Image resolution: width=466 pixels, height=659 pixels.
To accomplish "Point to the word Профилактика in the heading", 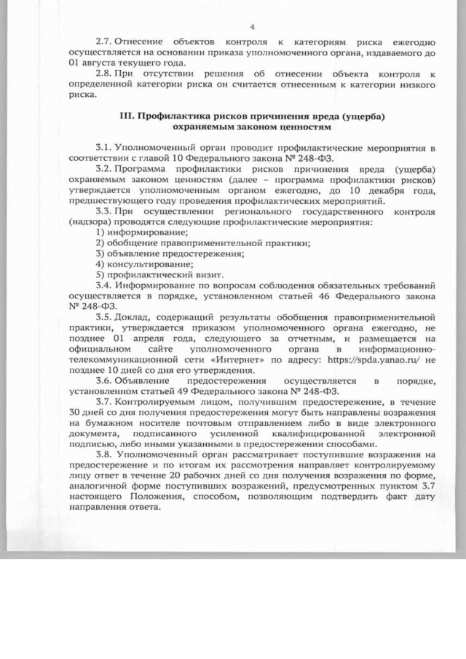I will (173, 117).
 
